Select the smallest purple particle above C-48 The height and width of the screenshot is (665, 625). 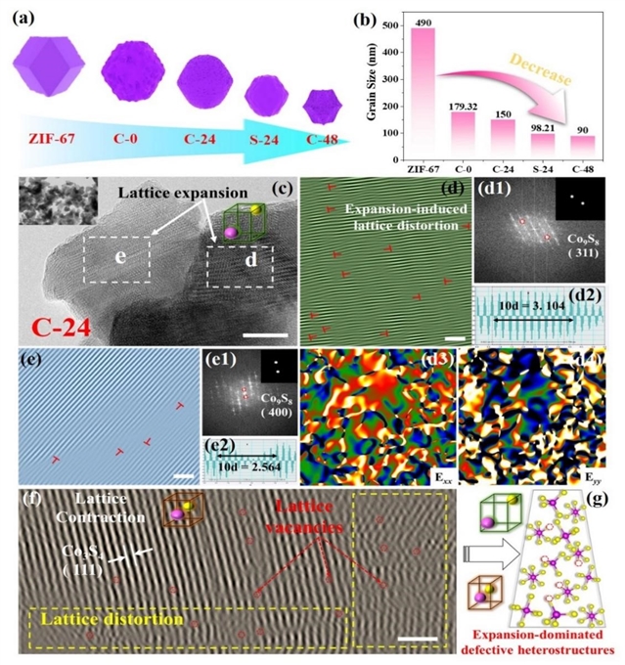[x=323, y=102]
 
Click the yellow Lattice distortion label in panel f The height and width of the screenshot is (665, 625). [x=113, y=619]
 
